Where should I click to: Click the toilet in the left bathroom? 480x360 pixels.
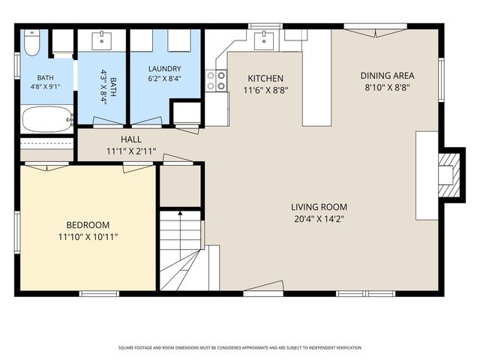pos(31,43)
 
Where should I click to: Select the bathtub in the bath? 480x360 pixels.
pos(47,119)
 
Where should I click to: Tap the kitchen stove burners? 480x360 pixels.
pos(216,81)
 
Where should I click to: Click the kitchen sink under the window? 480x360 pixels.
pos(264,40)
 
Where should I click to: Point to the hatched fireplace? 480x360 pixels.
pos(449,175)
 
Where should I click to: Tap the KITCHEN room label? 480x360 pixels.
pos(265,78)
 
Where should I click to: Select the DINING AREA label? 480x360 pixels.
pos(387,76)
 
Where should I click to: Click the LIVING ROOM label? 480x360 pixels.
pos(319,207)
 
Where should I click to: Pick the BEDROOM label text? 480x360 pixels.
pos(88,225)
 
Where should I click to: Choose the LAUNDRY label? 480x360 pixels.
pos(165,68)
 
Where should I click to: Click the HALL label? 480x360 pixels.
pos(131,139)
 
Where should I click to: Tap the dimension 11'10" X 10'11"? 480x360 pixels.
pos(88,237)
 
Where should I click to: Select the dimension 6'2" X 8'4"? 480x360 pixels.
pos(165,79)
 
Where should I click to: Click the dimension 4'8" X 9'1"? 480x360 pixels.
pos(45,87)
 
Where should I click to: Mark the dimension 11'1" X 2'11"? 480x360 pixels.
pos(131,151)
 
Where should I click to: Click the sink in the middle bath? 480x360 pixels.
pos(102,40)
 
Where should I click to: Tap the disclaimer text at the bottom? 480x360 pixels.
pos(240,348)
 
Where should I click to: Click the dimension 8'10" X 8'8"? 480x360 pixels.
pos(387,88)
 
